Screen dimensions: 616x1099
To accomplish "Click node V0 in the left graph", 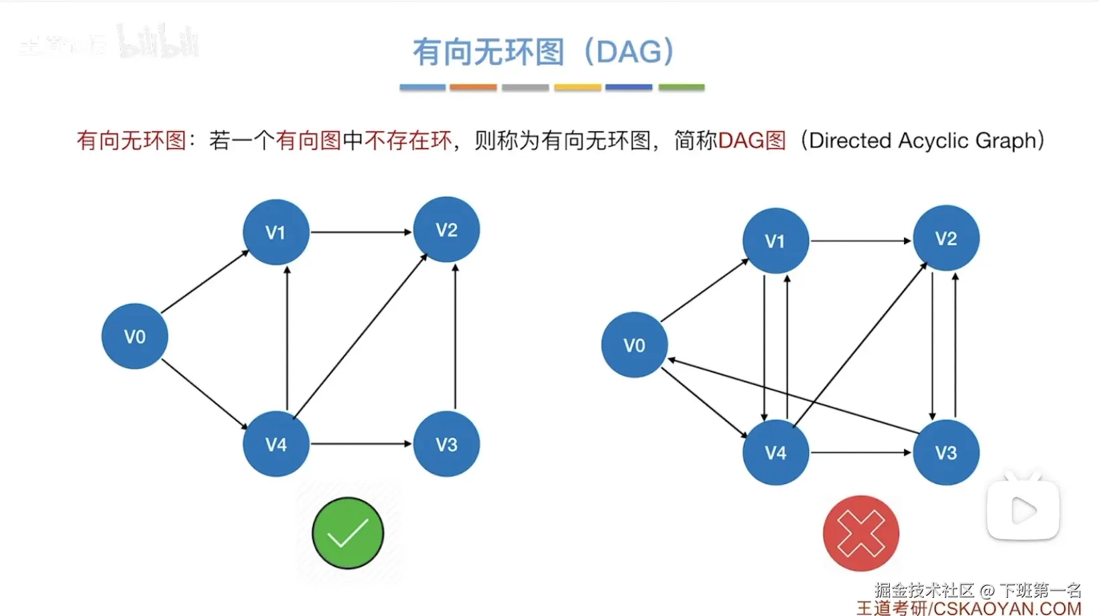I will click(x=135, y=336).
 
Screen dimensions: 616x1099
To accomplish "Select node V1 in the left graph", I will click(x=275, y=232).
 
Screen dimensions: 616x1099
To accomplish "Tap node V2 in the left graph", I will click(x=446, y=230).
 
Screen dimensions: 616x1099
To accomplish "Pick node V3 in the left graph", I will click(x=446, y=444).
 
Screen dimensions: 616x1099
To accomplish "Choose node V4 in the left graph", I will click(x=275, y=444).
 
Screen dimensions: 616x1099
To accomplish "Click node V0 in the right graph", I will click(x=634, y=345).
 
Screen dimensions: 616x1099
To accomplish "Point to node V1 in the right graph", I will click(x=775, y=240).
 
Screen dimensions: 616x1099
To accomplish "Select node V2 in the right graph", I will click(x=946, y=238).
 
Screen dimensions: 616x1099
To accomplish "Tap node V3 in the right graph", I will click(x=946, y=453).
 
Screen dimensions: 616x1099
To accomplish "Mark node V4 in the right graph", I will click(x=775, y=453).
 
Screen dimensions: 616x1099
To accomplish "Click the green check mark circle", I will click(x=348, y=533).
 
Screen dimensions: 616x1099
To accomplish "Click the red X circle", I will click(x=860, y=533).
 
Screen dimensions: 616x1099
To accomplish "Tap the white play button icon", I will click(x=1023, y=511).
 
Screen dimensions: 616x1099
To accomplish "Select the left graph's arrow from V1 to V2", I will click(x=361, y=232).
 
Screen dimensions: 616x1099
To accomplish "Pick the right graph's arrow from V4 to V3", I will click(x=860, y=453).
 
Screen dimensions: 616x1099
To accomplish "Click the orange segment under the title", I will click(x=473, y=87).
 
